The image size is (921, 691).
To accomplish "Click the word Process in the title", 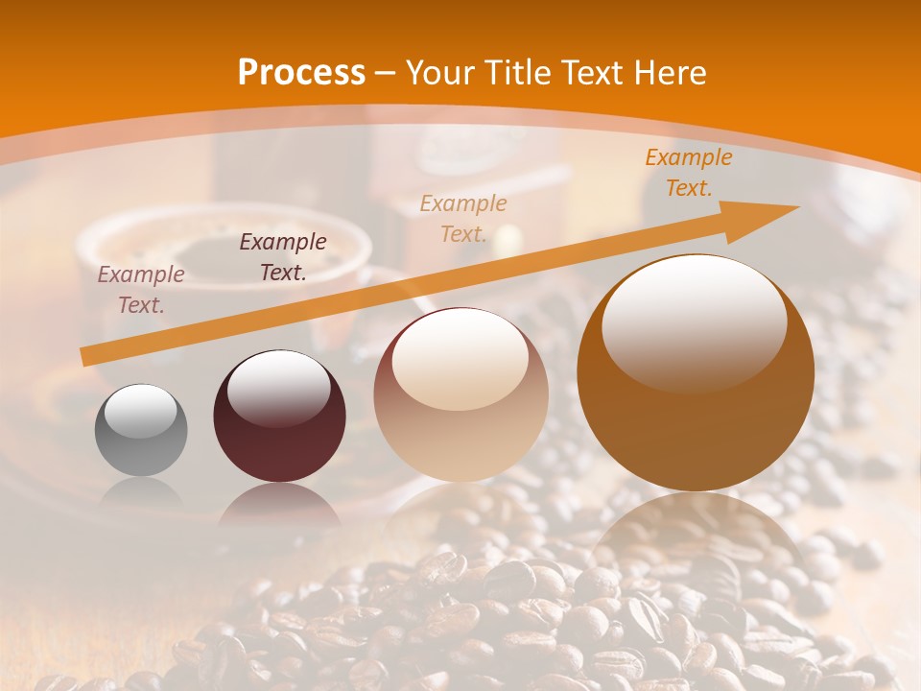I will pos(301,73).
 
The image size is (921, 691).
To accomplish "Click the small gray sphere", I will pos(141,431).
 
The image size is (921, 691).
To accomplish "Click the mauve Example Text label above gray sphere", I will pos(141,289).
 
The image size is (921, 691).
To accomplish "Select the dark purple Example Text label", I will pos(283,256).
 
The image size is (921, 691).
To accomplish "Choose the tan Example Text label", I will pos(463,218).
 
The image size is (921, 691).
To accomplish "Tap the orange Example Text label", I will pos(689,172).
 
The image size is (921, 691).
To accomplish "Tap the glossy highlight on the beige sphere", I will pos(460,359).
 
